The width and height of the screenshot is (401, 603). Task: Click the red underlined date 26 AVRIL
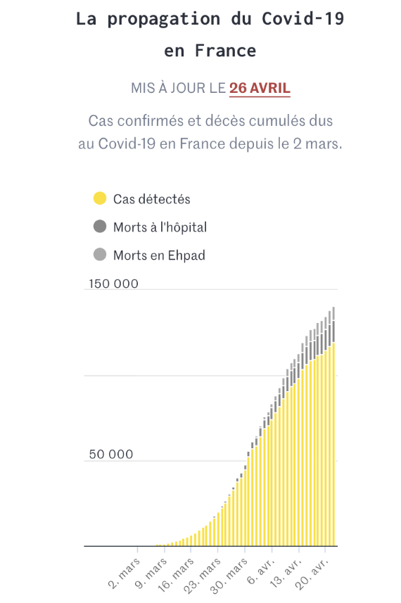(260, 88)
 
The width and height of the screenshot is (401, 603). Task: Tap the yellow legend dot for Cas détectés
(100, 198)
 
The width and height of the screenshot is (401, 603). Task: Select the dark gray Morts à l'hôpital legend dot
(100, 227)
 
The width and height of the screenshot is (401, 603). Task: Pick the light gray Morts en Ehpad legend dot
(100, 255)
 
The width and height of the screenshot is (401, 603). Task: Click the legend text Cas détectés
(152, 199)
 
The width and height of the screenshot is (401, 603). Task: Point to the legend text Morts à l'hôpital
(160, 227)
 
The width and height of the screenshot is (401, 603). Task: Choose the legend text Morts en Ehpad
(159, 255)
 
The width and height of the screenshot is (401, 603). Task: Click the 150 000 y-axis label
(113, 284)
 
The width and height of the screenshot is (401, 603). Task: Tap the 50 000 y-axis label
(111, 454)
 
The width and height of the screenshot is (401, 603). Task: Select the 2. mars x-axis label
(125, 573)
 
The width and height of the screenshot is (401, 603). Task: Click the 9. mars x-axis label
(151, 573)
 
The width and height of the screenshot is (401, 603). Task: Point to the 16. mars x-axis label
(176, 575)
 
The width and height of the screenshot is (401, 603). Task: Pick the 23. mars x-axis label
(202, 576)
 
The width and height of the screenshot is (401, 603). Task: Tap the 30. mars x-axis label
(229, 576)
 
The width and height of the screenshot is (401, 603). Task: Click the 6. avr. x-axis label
(261, 571)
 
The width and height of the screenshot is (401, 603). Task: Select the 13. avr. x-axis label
(286, 573)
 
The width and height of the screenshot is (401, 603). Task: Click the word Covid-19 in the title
(303, 18)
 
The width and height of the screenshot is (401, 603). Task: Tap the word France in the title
(225, 51)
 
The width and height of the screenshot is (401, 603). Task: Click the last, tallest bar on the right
(333, 426)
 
